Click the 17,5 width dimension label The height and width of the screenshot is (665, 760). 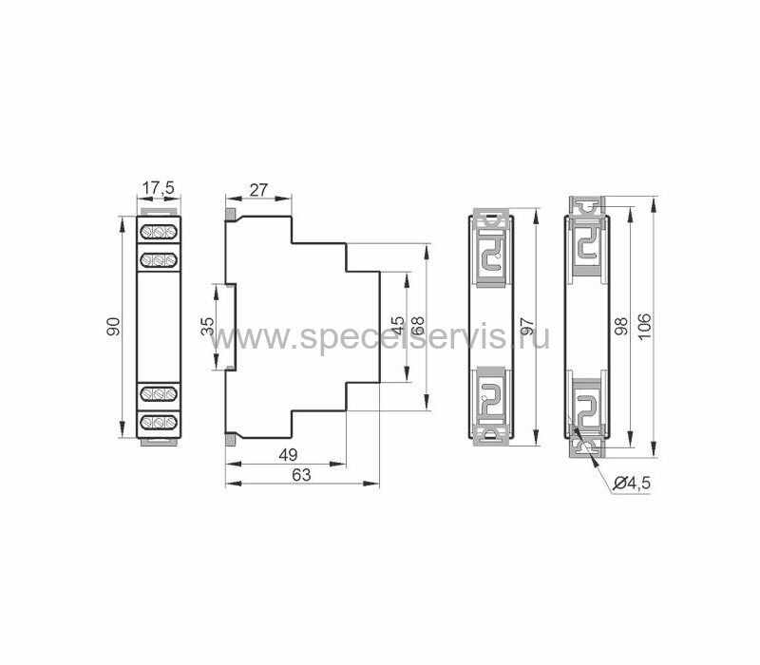click(x=159, y=187)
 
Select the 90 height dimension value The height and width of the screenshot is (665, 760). click(x=113, y=327)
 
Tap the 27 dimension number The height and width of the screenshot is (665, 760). click(x=257, y=189)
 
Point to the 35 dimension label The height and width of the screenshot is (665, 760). click(x=207, y=326)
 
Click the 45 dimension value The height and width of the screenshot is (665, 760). click(x=397, y=326)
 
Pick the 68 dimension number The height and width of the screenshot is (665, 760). click(x=417, y=326)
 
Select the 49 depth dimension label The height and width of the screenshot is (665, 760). click(x=289, y=455)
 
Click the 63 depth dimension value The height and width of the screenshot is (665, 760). click(x=301, y=475)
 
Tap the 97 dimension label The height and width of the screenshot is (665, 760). click(x=527, y=326)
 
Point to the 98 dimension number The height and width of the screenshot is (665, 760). click(x=620, y=326)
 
